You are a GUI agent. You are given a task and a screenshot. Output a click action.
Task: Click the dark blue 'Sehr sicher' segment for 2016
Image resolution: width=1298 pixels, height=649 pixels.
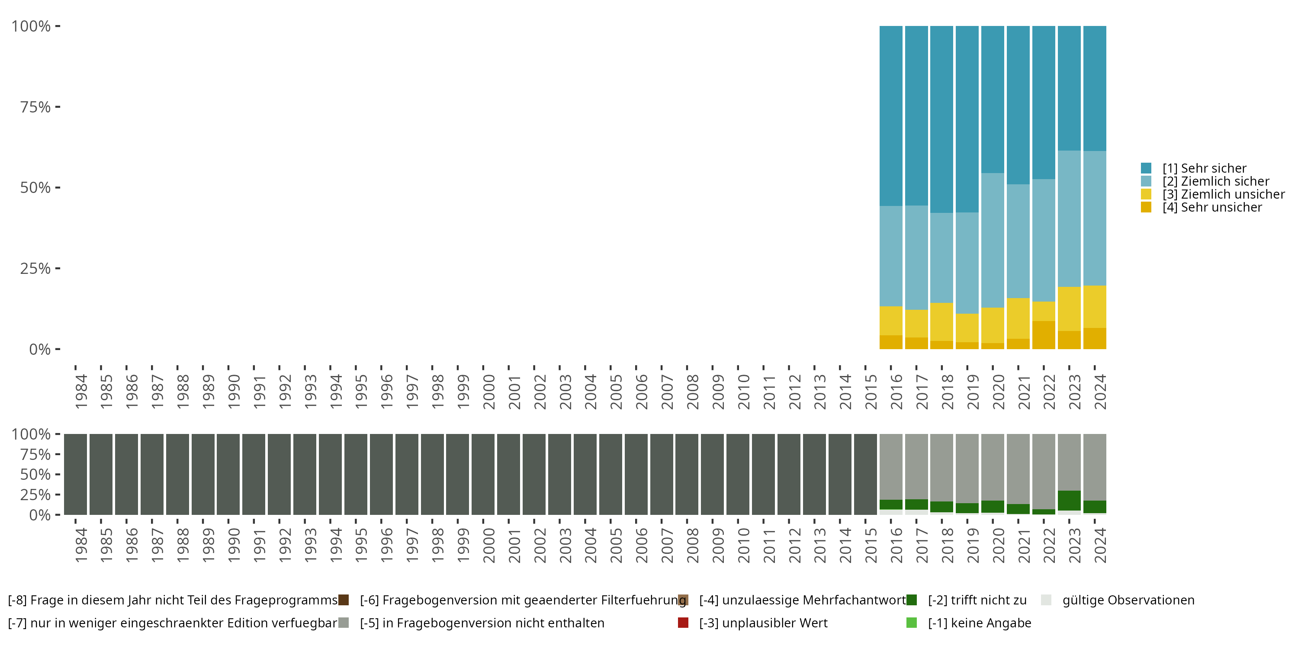[x=891, y=116]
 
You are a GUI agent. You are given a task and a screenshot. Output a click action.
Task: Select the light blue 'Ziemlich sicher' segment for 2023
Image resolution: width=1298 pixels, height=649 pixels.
[x=1069, y=218]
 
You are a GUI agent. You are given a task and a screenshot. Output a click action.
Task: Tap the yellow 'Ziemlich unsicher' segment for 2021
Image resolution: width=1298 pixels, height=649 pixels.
[x=1018, y=318]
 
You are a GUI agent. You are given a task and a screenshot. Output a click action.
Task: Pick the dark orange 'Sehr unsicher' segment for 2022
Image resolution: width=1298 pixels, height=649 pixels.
[x=1044, y=335]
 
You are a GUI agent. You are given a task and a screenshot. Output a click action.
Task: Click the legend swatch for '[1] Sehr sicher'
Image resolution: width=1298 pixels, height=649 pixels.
[x=1146, y=168]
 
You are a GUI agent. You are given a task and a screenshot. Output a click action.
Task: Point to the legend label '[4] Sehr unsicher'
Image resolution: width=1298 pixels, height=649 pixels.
[x=1212, y=208]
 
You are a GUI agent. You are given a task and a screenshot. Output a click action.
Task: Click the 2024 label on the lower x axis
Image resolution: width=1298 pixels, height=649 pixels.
[x=1100, y=545]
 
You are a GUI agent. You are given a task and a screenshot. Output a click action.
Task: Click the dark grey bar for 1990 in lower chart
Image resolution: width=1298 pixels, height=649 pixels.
[x=228, y=474]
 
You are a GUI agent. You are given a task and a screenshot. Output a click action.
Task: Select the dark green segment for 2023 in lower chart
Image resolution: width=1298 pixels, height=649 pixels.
[x=1069, y=500]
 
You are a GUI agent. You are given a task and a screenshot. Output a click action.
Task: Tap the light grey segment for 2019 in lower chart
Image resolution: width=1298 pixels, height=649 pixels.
[x=967, y=468]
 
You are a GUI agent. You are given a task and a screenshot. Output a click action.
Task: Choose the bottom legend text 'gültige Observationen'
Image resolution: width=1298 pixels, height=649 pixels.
[x=1128, y=600]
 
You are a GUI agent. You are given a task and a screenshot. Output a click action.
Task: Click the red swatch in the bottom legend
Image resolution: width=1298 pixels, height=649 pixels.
[x=683, y=623]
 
